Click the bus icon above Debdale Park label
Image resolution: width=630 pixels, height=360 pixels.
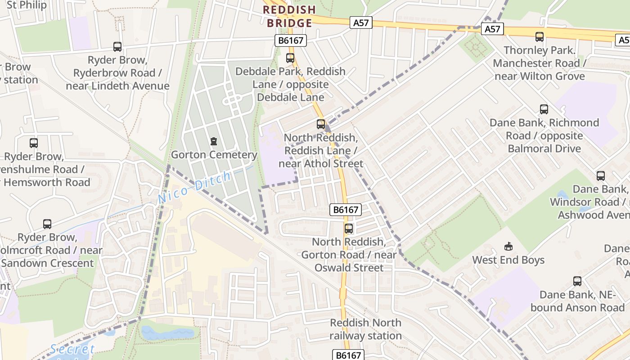click(x=290, y=58)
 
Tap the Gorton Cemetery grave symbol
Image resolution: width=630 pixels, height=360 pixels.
click(x=214, y=141)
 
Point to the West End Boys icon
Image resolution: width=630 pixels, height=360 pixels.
click(x=508, y=246)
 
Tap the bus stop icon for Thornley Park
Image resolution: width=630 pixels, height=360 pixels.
click(x=539, y=37)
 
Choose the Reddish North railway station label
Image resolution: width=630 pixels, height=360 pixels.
click(x=365, y=329)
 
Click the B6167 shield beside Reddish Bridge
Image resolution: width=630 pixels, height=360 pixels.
click(x=291, y=41)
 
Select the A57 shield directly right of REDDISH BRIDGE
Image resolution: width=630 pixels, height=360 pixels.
click(x=361, y=22)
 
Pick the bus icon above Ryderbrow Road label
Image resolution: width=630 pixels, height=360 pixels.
click(x=117, y=47)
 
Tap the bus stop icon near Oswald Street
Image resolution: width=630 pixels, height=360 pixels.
click(x=349, y=229)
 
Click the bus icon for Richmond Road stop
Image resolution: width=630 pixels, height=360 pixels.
click(x=544, y=109)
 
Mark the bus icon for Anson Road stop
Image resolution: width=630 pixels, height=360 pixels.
click(x=577, y=282)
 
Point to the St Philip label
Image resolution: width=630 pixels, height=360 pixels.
click(x=27, y=5)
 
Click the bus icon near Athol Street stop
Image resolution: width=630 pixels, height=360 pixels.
click(x=321, y=124)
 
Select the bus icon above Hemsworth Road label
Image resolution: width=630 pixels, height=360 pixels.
click(x=34, y=143)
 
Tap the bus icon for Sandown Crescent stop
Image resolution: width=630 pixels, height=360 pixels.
click(x=47, y=224)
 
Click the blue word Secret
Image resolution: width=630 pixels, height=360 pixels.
click(x=72, y=349)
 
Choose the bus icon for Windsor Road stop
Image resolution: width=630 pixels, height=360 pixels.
click(x=601, y=176)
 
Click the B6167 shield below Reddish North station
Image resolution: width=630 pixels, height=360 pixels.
click(x=348, y=355)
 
